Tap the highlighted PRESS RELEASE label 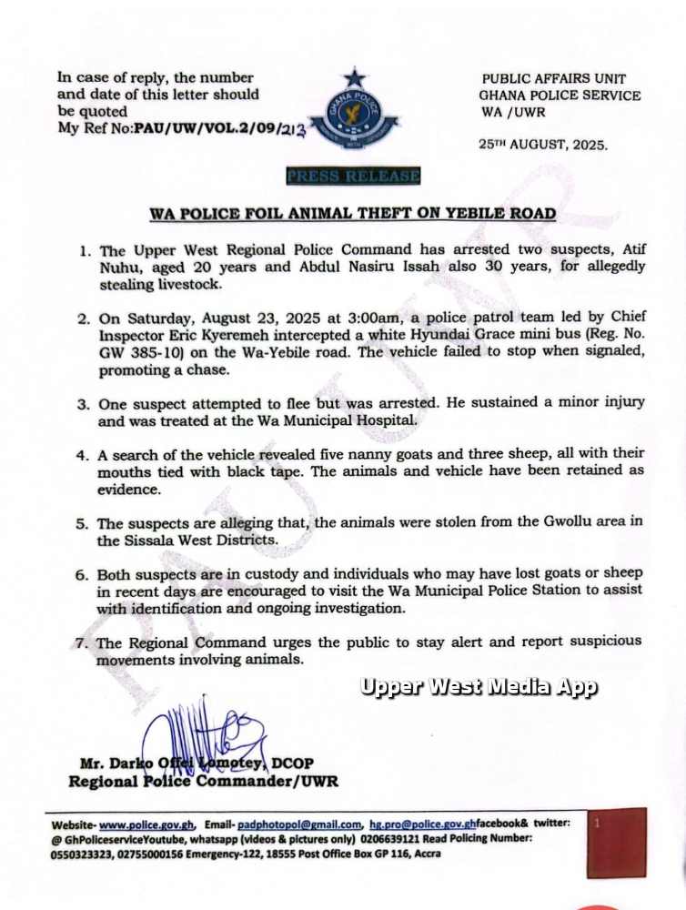click(353, 176)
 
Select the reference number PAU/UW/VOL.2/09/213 click(218, 131)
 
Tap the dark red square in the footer click(616, 842)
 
